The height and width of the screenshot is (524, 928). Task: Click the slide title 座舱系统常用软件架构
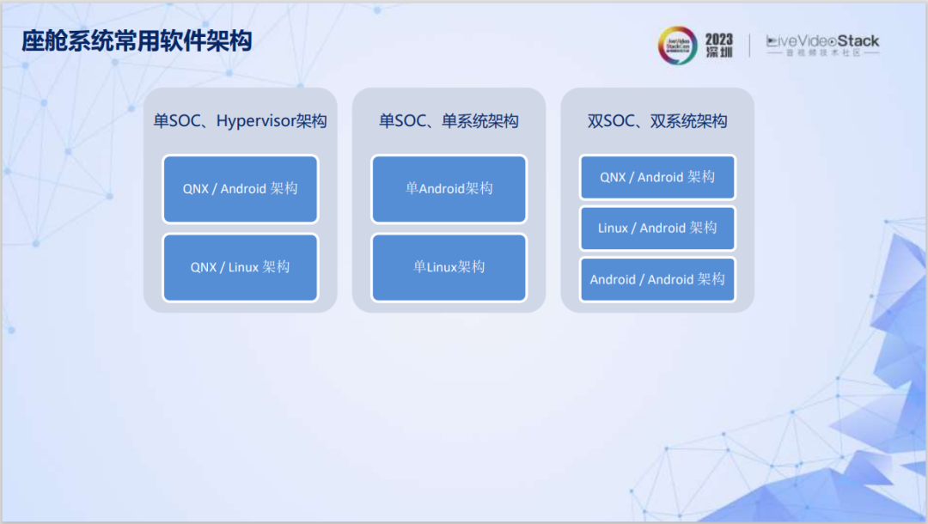137,40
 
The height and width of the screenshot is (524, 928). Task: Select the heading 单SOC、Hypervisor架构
240,121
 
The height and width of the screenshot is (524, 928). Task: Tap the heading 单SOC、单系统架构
449,121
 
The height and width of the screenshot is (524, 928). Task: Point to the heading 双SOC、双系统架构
657,121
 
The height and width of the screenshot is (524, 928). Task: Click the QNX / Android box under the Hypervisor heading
240,188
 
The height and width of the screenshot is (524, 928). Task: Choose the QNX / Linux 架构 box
240,267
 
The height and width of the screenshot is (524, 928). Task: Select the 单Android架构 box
449,188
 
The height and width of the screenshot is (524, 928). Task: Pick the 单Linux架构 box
449,267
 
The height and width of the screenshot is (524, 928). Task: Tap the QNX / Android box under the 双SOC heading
657,177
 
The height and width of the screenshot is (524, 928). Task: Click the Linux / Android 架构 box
657,228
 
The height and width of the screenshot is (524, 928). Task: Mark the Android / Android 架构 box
657,279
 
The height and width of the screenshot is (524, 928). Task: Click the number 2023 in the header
719,40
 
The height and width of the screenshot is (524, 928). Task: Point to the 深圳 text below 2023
719,54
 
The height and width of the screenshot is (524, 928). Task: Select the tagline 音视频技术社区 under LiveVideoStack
822,53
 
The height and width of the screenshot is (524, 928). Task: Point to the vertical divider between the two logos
750,46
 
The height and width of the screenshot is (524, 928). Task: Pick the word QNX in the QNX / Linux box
204,267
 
